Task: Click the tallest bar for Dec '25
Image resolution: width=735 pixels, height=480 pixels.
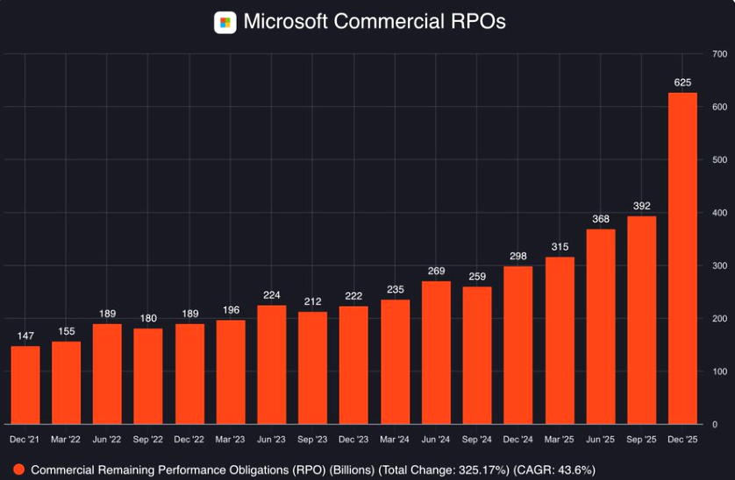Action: tap(682, 258)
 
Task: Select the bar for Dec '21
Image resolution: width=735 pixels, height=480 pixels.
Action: tap(25, 385)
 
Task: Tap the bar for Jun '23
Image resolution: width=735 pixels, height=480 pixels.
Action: tap(271, 364)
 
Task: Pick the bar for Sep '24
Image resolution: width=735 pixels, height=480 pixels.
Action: tap(477, 355)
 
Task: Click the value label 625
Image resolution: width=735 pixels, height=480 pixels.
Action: tap(682, 83)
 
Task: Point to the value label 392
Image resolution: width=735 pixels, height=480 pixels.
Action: tap(641, 207)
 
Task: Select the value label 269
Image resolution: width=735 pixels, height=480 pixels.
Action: tap(436, 272)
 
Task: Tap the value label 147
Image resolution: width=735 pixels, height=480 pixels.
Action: tap(25, 336)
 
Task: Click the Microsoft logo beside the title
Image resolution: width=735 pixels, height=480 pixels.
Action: tap(225, 22)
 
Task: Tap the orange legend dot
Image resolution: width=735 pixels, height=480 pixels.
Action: tap(18, 469)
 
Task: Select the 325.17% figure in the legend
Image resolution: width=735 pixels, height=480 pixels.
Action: tap(471, 469)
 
